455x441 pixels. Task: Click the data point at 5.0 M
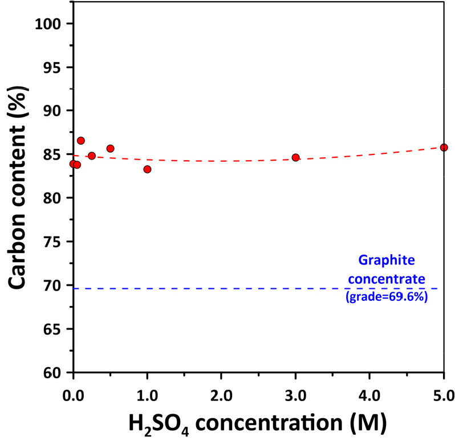click(444, 148)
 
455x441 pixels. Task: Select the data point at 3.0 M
click(295, 157)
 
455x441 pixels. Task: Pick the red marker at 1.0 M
click(147, 169)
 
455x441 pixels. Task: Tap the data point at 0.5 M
click(110, 149)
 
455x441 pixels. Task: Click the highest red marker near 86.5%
click(80, 141)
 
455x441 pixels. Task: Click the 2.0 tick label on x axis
click(221, 394)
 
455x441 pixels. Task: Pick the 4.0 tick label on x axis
click(369, 394)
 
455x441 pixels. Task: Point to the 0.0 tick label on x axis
click(73, 394)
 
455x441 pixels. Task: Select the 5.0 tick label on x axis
click(444, 394)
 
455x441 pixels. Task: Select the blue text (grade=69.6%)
click(387, 297)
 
